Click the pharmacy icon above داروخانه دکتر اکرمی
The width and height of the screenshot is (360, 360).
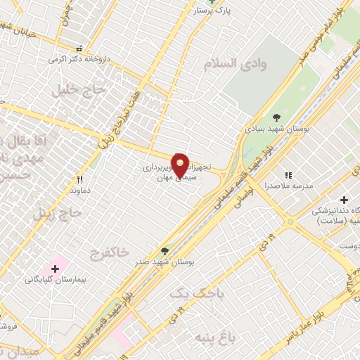click(79, 49)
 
